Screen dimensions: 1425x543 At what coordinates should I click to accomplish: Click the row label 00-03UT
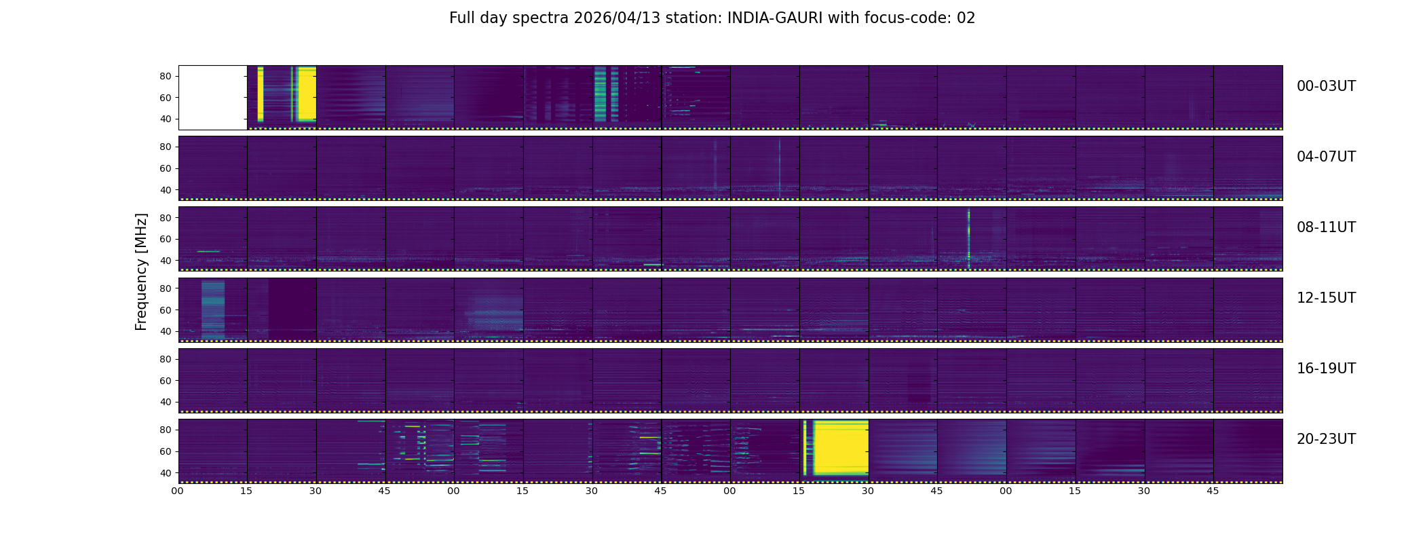tap(1326, 86)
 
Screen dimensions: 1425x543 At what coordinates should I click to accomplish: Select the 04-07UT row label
tap(1326, 157)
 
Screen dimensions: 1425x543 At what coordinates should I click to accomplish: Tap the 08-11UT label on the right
tap(1326, 227)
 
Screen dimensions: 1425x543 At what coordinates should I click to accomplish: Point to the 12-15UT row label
tap(1326, 298)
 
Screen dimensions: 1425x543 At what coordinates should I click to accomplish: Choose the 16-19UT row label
tap(1326, 369)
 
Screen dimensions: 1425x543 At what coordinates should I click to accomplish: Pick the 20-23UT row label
tap(1326, 439)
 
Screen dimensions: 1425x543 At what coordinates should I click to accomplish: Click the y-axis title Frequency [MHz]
tap(141, 272)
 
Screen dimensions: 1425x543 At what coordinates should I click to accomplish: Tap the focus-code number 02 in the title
tap(966, 18)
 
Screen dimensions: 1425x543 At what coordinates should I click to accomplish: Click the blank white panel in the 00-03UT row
tap(212, 98)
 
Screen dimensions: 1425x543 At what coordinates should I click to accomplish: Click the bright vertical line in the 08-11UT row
tap(968, 238)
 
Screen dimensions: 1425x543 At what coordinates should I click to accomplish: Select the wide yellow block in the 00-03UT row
tap(307, 94)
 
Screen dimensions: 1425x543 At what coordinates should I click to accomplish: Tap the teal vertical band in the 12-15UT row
tap(213, 309)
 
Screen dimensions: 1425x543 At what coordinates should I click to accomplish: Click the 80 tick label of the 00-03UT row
tap(166, 77)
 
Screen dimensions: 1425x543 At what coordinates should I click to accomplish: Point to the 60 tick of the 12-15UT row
tap(166, 310)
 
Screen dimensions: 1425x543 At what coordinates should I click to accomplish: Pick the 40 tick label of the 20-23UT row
tap(166, 473)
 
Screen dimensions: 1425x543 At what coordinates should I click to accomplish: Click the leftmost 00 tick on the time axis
tap(178, 491)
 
